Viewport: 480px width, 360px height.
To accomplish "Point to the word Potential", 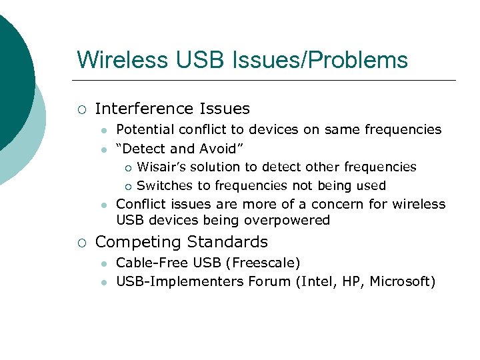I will point(143,129).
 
